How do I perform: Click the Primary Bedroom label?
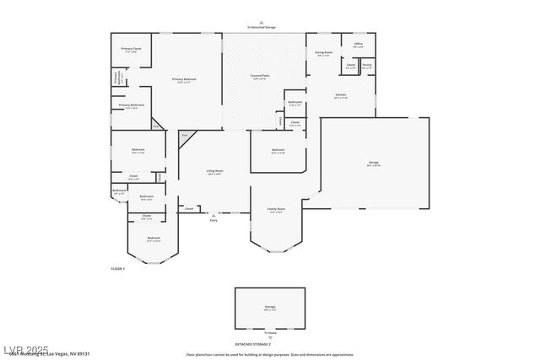coord(185,79)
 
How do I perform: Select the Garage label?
coord(373,163)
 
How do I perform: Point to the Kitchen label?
coord(341,95)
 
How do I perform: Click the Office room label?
coord(358,44)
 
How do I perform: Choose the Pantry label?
coord(367,65)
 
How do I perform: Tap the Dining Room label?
coord(324,52)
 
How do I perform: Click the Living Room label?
coord(214,171)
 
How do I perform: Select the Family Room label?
coord(276,209)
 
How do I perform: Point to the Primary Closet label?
coord(131,49)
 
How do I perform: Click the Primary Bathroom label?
coord(131,105)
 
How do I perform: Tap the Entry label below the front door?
coord(213,220)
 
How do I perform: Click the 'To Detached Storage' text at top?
coord(261,27)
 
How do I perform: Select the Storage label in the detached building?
coord(269,307)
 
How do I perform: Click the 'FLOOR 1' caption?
coord(117,268)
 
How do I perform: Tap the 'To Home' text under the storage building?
coord(270,333)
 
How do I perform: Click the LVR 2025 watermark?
coord(25,348)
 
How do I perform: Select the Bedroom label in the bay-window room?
coord(154,239)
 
